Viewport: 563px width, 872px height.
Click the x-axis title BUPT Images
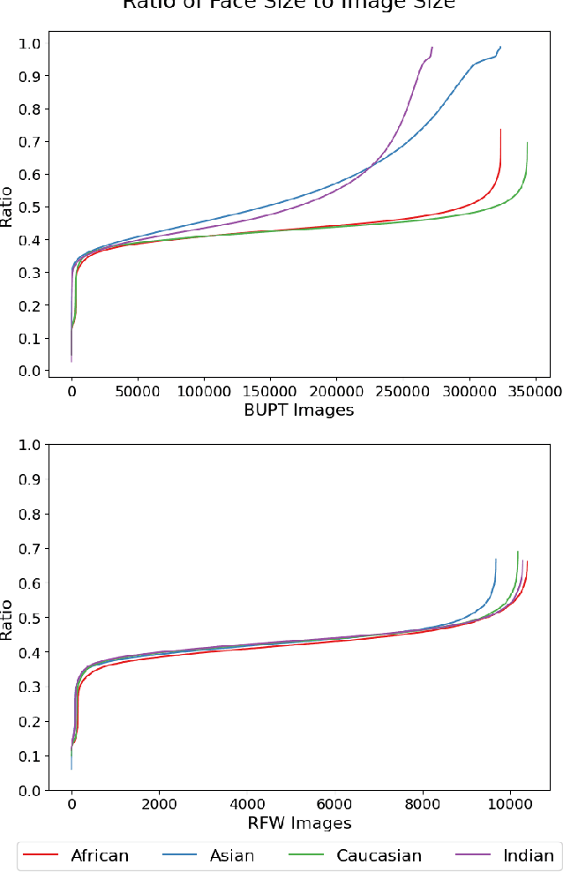click(x=298, y=409)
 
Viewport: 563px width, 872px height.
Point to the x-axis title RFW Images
click(x=298, y=823)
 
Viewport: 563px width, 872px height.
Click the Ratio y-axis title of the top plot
click(x=8, y=207)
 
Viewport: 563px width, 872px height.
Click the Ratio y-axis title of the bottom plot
click(x=8, y=619)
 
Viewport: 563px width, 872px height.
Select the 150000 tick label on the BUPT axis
click(x=270, y=389)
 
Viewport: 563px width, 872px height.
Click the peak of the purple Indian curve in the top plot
click(x=432, y=47)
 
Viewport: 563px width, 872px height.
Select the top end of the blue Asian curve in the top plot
click(x=500, y=47)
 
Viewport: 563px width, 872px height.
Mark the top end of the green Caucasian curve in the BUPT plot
click(x=527, y=143)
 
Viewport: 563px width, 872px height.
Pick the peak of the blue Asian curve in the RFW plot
click(x=496, y=559)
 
